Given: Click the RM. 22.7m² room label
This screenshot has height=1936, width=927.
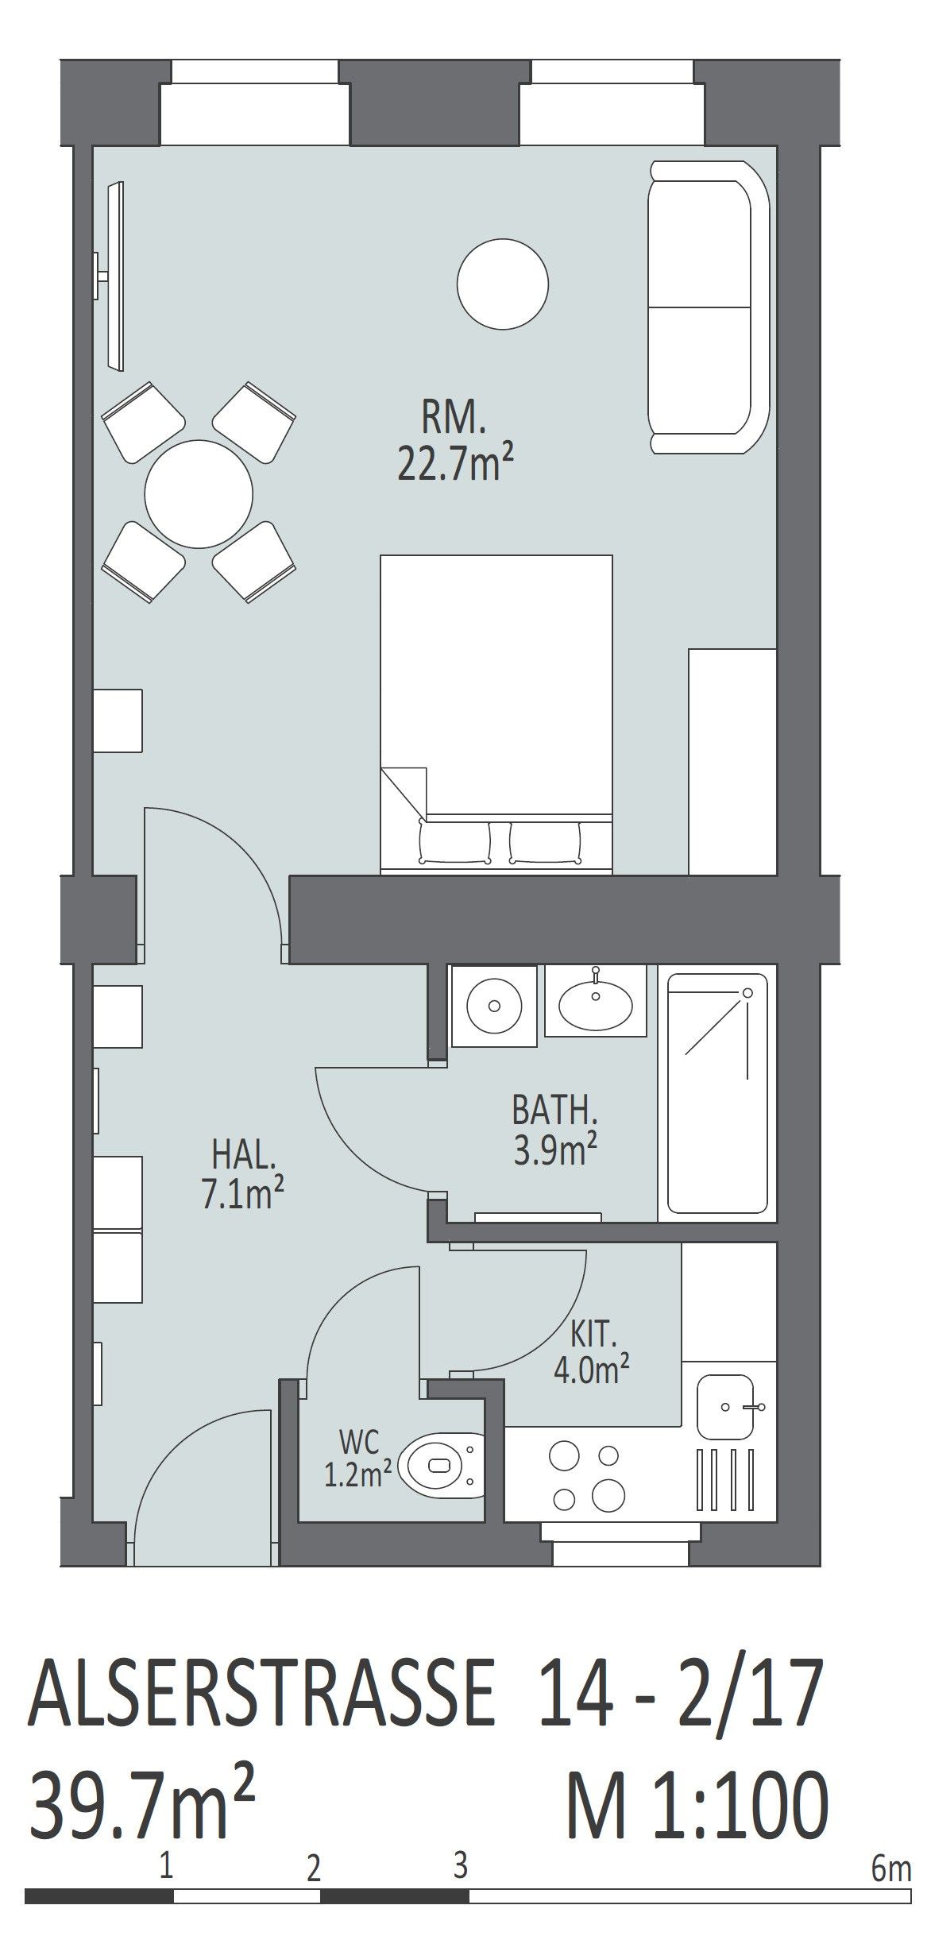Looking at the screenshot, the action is coord(453,442).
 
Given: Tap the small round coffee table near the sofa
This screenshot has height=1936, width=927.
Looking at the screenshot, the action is coord(503,283).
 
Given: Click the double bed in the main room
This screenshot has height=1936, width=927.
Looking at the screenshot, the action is coord(496,714).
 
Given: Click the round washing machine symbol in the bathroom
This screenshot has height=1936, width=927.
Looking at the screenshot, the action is coord(493,1006).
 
